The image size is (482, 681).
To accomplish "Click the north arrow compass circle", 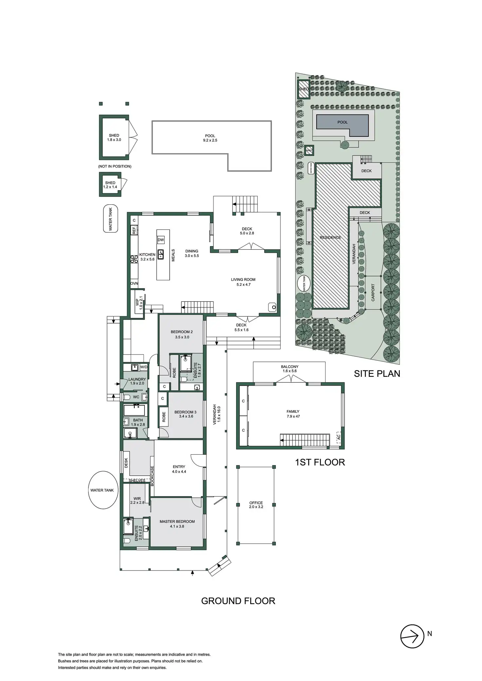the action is [412, 636].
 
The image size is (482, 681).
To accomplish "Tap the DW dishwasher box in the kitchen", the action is [161, 240].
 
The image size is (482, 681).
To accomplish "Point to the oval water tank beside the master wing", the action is [102, 490].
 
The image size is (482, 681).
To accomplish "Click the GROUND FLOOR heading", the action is [238, 601].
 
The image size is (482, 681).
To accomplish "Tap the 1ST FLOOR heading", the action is [320, 462].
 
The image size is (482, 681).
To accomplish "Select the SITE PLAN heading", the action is [377, 374].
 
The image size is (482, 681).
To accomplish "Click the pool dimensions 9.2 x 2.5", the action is [210, 140].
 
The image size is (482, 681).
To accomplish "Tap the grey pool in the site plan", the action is [343, 122].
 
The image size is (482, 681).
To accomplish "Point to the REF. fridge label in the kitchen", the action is [134, 230].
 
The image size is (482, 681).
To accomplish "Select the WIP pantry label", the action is [137, 303].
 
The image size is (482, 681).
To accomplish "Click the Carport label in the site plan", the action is [373, 292].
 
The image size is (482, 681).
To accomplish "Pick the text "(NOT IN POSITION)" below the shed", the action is [115, 166].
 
